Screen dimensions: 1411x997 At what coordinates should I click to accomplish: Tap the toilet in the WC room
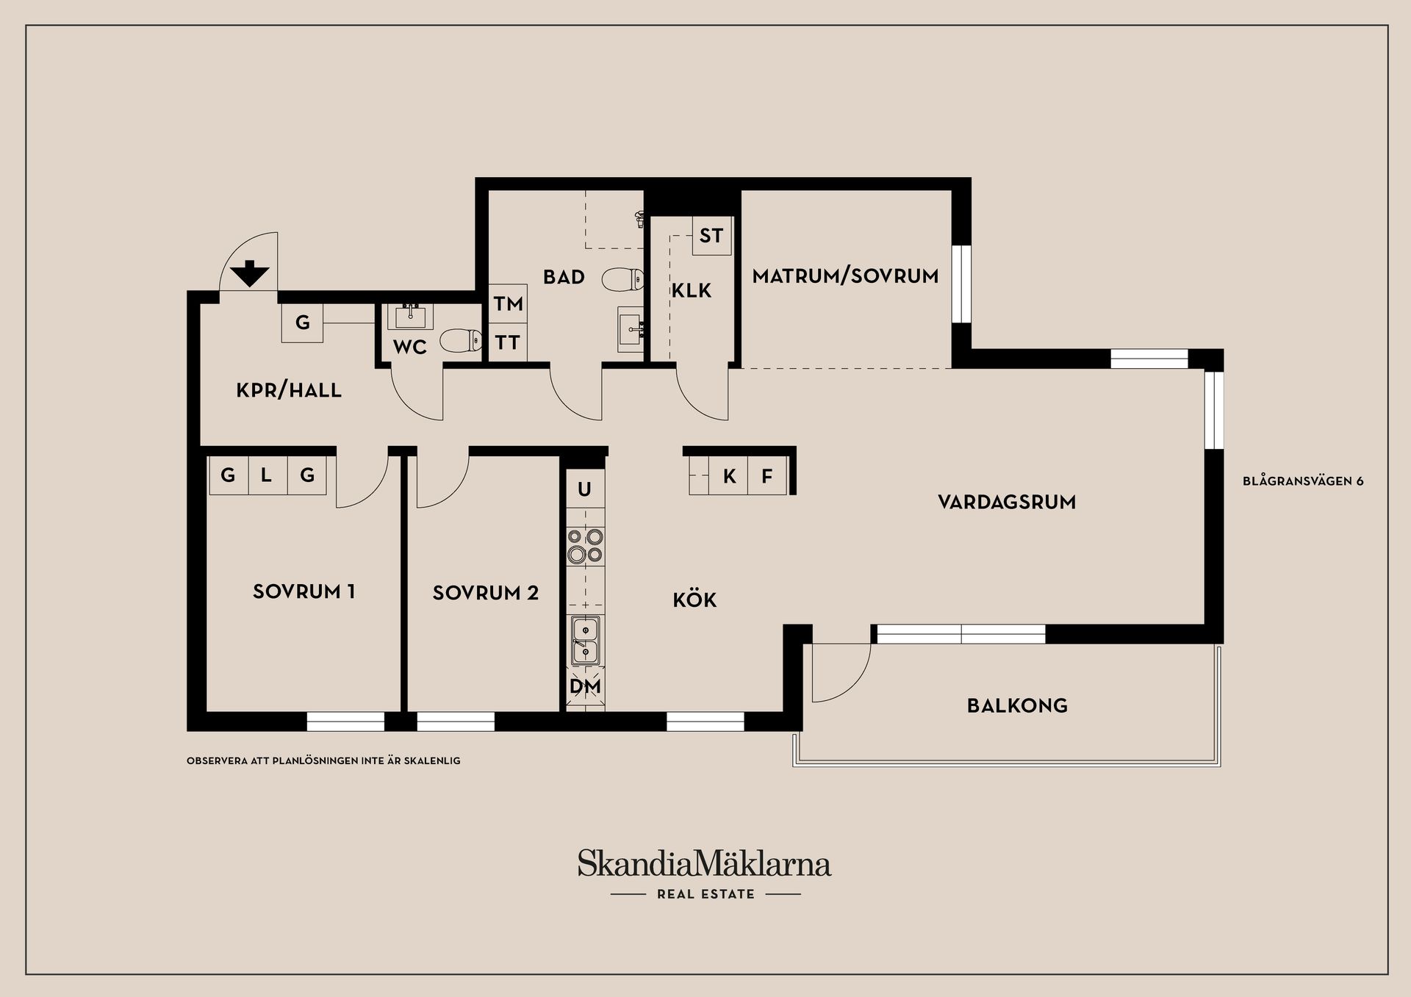click(x=461, y=340)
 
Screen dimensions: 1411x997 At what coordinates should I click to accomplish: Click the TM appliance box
click(x=508, y=303)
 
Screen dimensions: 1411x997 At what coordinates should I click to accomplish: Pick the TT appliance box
click(x=508, y=342)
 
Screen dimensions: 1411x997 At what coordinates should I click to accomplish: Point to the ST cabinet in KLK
click(x=711, y=235)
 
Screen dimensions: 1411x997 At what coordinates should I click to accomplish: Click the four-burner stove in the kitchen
click(x=585, y=546)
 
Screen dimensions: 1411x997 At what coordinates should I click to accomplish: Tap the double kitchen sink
click(x=586, y=640)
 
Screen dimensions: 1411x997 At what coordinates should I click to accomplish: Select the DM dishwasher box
click(x=586, y=686)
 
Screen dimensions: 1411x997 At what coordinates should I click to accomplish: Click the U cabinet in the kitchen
click(x=585, y=489)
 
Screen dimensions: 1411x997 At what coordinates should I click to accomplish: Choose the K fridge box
click(x=729, y=476)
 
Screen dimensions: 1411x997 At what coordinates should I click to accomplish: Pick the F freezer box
click(x=767, y=476)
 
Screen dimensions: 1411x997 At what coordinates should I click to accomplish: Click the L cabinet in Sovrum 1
click(x=267, y=475)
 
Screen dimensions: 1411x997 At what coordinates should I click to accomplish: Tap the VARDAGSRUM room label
click(x=1007, y=503)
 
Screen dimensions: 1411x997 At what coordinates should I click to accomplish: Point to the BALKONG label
click(x=1017, y=706)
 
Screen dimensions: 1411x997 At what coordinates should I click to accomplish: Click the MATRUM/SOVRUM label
click(x=845, y=276)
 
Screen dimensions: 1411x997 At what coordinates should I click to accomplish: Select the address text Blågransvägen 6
click(x=1303, y=481)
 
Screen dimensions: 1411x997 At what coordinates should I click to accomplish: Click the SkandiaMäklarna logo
click(x=704, y=864)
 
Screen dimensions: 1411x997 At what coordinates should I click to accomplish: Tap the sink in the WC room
click(x=409, y=316)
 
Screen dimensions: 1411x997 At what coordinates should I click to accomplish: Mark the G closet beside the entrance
click(x=303, y=323)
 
